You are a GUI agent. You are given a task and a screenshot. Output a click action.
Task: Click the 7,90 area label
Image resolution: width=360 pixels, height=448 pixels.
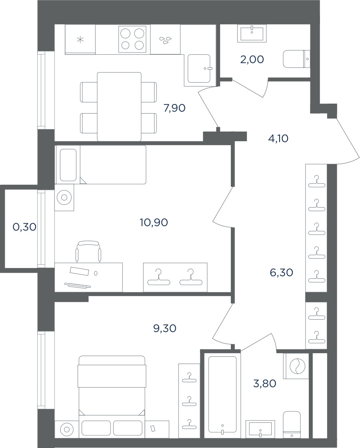click(x=174, y=108)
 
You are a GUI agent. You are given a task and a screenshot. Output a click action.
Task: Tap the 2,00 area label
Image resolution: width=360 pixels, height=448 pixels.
click(x=252, y=60)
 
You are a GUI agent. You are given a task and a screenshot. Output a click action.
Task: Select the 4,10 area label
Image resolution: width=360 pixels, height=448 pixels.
click(x=278, y=138)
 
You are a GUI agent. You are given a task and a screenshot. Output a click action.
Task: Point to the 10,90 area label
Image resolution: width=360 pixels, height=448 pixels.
click(x=154, y=222)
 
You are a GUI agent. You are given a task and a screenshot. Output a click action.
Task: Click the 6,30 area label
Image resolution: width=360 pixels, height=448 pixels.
click(x=282, y=272)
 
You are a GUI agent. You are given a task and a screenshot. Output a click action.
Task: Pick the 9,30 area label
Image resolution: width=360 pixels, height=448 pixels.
click(x=164, y=328)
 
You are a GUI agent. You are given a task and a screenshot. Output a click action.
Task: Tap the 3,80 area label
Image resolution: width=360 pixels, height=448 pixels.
click(x=264, y=384)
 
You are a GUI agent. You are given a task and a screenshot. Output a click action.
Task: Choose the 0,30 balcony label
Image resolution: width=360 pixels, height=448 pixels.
click(x=24, y=227)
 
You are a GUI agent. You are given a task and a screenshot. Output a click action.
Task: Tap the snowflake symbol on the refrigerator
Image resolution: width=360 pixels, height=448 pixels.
click(x=80, y=40)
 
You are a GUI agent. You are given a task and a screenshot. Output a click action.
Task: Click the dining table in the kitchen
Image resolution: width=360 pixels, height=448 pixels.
click(x=119, y=106)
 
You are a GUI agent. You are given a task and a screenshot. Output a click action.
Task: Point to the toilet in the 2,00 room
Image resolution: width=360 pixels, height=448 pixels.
click(x=296, y=59)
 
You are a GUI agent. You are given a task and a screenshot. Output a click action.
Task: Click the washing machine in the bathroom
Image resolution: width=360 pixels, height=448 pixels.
click(x=296, y=366)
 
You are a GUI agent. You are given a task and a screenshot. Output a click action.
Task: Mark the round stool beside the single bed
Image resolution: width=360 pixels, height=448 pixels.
click(x=64, y=198)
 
